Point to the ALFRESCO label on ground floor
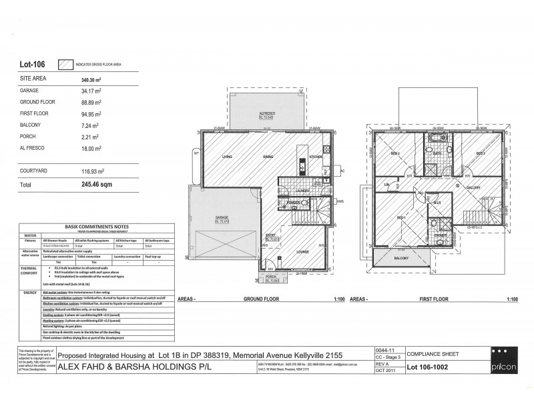[268, 114]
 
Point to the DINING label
[268, 157]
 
